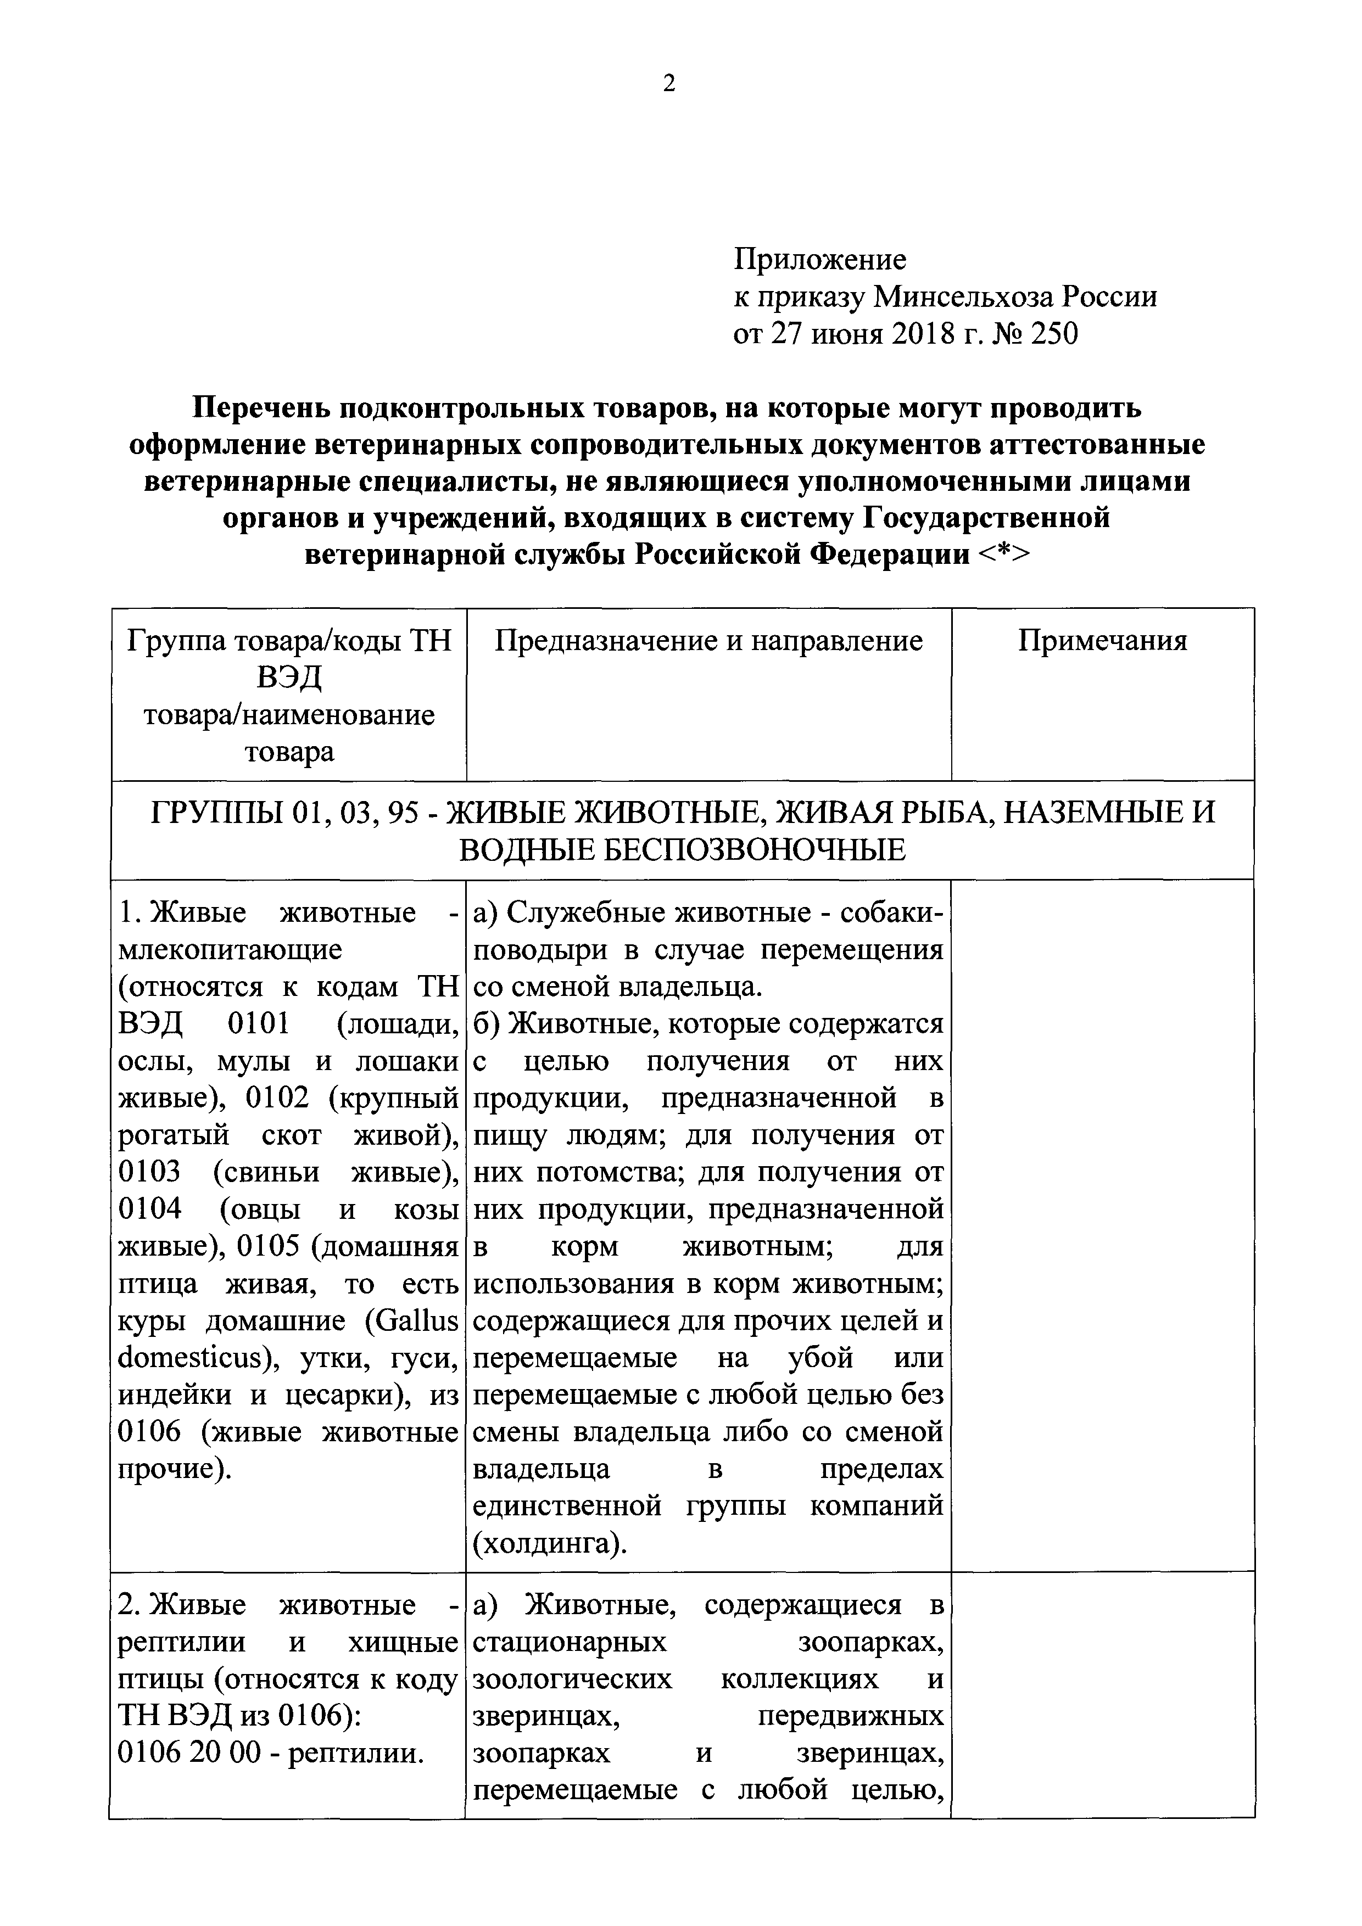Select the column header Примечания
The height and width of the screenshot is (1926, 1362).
[x=1103, y=640]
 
